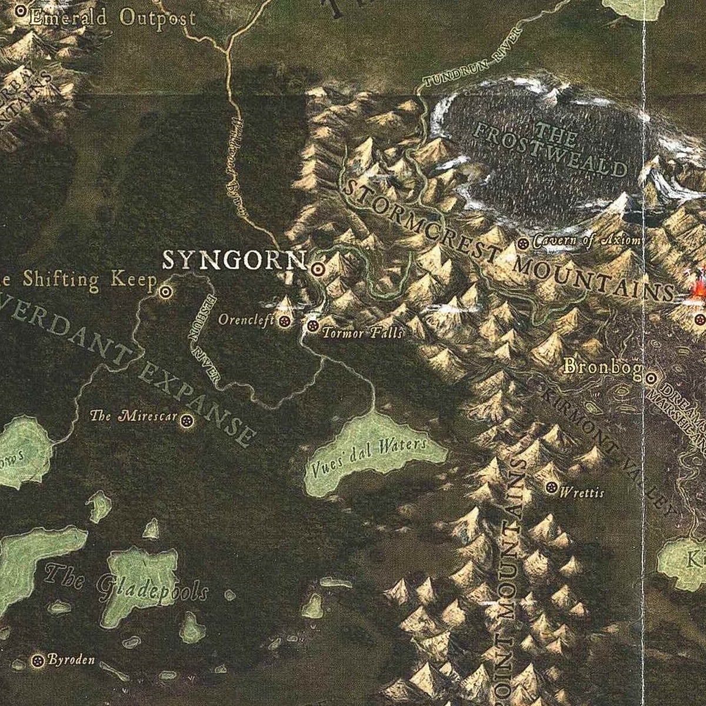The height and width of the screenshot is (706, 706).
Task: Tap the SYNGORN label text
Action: point(234,260)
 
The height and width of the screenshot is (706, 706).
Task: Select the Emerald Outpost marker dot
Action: point(22,11)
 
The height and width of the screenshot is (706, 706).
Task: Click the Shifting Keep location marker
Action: point(166,290)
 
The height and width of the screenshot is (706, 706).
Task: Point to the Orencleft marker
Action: point(285,321)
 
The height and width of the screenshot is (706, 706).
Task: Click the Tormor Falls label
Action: point(362,333)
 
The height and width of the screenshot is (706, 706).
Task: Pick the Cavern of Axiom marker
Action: point(523,243)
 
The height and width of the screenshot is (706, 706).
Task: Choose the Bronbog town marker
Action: point(651,378)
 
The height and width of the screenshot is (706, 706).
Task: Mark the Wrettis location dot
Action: point(551,487)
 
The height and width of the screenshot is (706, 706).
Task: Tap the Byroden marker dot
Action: point(38,660)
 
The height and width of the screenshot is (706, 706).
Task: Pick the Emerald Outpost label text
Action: point(112,18)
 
